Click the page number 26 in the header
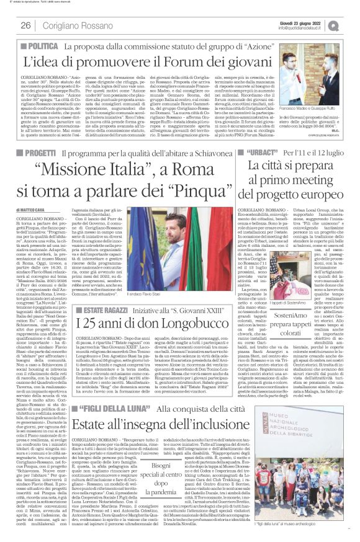(x=26, y=25)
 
